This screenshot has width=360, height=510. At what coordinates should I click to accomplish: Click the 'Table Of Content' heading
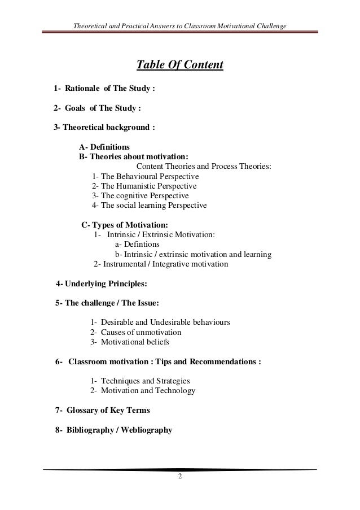[x=180, y=66]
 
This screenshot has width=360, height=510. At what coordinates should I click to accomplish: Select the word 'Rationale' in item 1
[x=84, y=89]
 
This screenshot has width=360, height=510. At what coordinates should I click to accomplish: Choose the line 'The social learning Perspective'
[x=149, y=205]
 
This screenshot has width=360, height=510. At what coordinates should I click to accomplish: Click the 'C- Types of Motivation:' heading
[x=124, y=225]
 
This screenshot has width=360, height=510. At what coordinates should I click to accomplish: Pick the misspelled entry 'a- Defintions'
[x=137, y=245]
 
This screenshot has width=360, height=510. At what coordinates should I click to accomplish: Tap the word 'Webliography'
[x=146, y=429]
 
